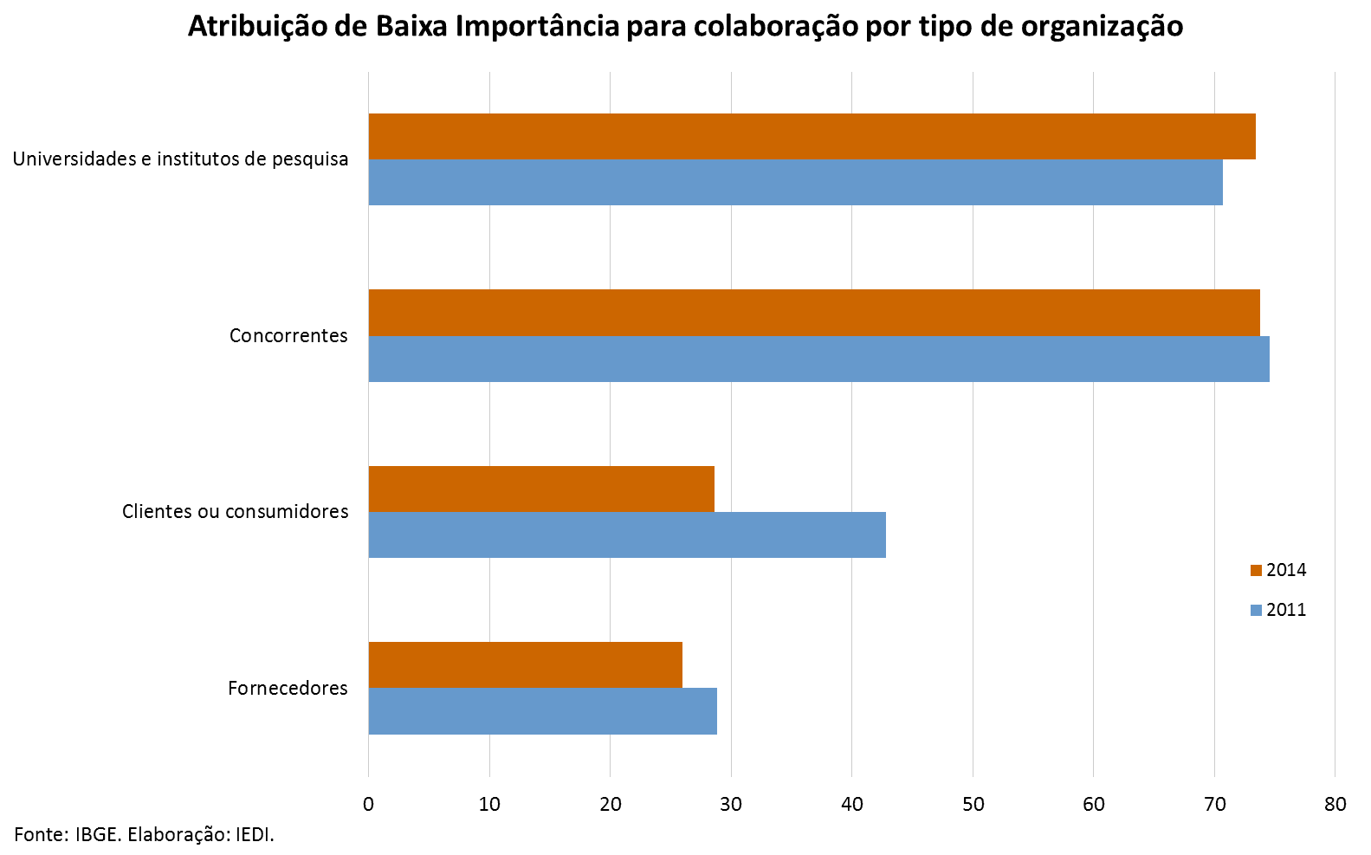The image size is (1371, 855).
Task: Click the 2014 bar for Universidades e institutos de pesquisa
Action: tap(812, 137)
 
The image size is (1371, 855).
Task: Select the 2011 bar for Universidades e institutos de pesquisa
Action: tap(795, 183)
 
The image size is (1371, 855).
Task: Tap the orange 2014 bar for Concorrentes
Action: tap(814, 313)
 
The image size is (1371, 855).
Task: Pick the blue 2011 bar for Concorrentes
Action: tap(819, 359)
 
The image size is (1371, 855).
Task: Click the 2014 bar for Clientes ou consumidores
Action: tap(541, 489)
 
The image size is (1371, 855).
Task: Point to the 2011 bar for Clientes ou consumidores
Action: tap(627, 534)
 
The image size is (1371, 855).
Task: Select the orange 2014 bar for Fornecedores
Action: tap(525, 665)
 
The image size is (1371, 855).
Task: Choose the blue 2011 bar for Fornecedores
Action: tap(542, 711)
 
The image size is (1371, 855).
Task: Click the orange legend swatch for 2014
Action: tap(1256, 570)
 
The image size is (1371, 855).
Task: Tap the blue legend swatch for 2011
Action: tap(1256, 610)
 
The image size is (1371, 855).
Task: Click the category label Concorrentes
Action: tap(288, 335)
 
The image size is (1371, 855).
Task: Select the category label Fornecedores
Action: tap(288, 688)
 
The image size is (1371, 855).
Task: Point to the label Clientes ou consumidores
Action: tap(235, 511)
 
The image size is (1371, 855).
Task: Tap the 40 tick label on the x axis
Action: tap(852, 804)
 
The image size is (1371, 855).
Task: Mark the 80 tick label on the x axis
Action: tap(1335, 804)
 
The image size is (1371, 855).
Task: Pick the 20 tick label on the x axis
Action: tap(611, 804)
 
